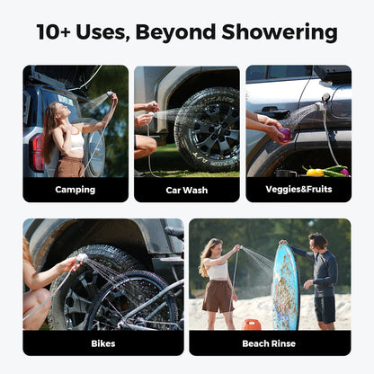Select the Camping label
pos(75,190)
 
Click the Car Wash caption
pos(186,190)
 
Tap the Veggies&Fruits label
pos(298,190)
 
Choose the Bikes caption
pos(102,343)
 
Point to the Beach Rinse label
pos(269,343)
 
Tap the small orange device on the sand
pos(254,324)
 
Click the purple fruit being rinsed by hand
pos(285,135)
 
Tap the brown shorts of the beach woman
pos(218,295)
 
